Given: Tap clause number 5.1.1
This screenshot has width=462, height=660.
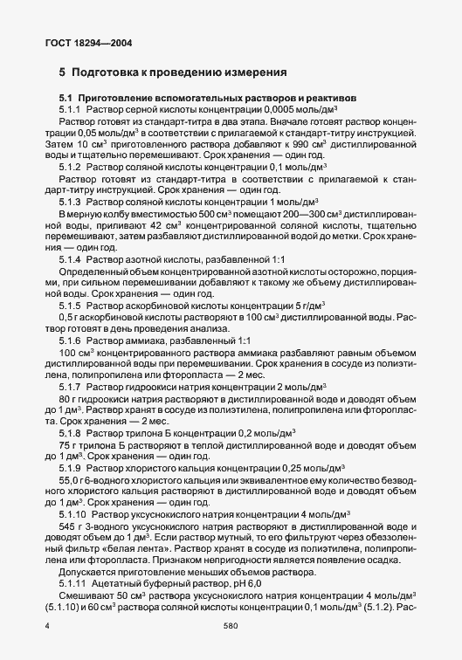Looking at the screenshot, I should (x=70, y=110).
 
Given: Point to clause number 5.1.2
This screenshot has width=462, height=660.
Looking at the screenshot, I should (x=70, y=165).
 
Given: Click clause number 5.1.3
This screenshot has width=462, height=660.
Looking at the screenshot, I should (x=70, y=200).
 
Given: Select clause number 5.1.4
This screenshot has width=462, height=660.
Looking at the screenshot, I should (x=70, y=259).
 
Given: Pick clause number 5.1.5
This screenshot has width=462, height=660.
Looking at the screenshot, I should (x=70, y=306).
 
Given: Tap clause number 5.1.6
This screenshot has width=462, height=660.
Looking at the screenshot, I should (x=70, y=340).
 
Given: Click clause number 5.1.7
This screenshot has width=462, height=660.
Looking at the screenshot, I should (x=70, y=385).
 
